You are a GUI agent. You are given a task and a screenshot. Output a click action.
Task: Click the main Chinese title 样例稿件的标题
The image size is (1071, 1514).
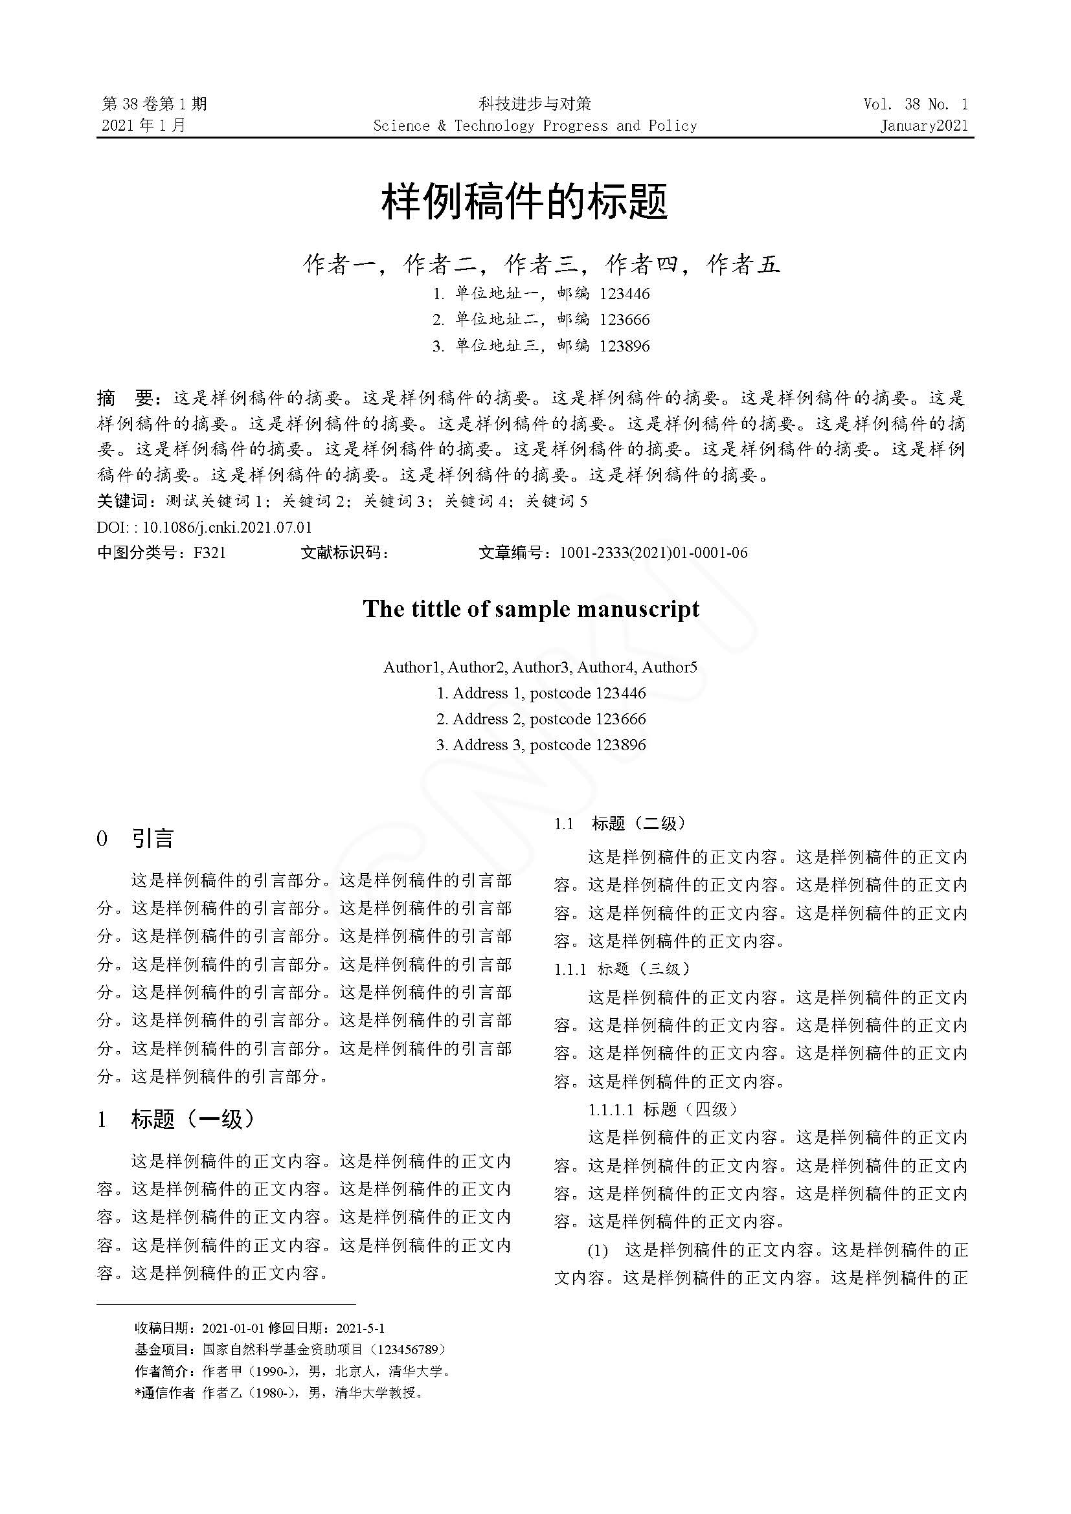(x=525, y=202)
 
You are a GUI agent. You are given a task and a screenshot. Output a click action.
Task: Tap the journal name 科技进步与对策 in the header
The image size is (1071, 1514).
(x=535, y=104)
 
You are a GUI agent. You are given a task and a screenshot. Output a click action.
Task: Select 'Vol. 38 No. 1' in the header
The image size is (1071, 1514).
(x=916, y=104)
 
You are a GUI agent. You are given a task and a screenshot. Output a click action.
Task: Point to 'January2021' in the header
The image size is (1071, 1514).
(x=923, y=126)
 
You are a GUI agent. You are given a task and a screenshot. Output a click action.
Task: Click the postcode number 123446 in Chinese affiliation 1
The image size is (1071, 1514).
(x=624, y=294)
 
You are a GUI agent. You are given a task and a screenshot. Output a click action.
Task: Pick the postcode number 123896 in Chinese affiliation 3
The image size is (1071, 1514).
(x=624, y=346)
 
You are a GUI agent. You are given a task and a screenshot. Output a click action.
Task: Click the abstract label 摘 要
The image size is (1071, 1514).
(x=126, y=398)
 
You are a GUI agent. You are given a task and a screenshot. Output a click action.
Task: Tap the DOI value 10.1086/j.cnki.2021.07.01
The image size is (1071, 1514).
(x=227, y=528)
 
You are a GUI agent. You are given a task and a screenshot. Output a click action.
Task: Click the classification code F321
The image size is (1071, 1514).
(x=209, y=553)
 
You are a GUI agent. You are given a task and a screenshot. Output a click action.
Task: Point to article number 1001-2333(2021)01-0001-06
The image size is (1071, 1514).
(x=653, y=553)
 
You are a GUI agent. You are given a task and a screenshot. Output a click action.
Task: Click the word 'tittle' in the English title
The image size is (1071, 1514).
(x=440, y=608)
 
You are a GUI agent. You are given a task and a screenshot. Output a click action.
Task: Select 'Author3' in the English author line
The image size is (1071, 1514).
(x=540, y=667)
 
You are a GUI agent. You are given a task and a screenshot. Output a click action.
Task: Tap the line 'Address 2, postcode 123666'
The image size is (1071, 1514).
(x=541, y=719)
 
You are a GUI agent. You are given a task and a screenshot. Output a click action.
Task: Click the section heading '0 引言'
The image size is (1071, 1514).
(x=136, y=839)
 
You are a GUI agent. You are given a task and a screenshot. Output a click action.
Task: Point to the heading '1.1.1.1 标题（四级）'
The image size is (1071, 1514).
(x=664, y=1110)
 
